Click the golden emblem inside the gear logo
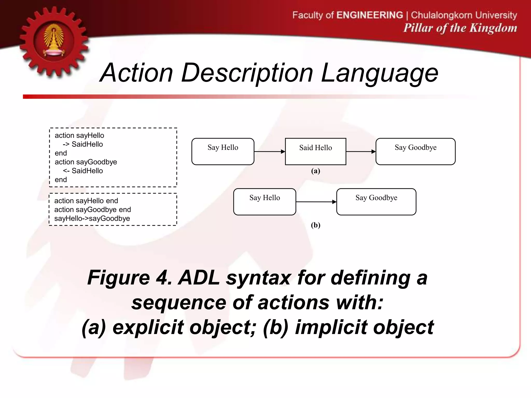coord(54,40)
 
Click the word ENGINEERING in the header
coord(369,15)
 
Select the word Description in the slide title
coord(247,73)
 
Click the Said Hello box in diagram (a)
coord(315,152)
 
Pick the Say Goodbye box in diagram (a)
coord(415,152)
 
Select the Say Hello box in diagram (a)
coord(223,152)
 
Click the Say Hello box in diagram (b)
coord(264,202)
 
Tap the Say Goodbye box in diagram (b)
coord(376,202)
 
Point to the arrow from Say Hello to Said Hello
coord(269,152)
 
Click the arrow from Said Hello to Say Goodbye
coord(361,152)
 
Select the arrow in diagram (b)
coord(316,202)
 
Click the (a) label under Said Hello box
coord(316,171)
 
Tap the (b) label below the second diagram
coord(316,225)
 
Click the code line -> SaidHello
coord(83,144)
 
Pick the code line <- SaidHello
coord(83,171)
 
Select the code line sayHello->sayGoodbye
coord(92,218)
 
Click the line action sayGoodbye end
coord(93,210)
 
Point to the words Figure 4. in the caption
coord(129,278)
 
